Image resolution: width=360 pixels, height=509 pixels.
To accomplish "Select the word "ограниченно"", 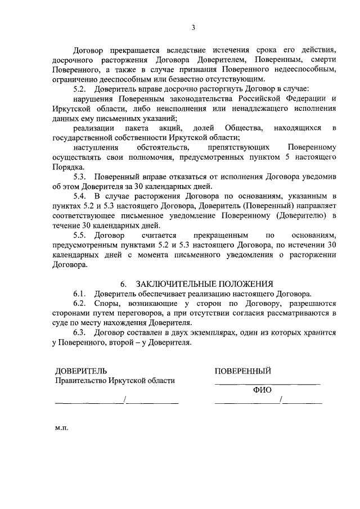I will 76,79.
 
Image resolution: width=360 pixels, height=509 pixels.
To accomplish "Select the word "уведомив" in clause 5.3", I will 319,177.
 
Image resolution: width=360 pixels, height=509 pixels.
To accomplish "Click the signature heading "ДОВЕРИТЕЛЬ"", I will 79,371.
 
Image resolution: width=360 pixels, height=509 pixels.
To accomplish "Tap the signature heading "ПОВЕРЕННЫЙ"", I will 243,371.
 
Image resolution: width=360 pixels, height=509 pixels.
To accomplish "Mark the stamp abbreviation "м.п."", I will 61,428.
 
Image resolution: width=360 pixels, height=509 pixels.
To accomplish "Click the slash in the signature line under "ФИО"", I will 281,400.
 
